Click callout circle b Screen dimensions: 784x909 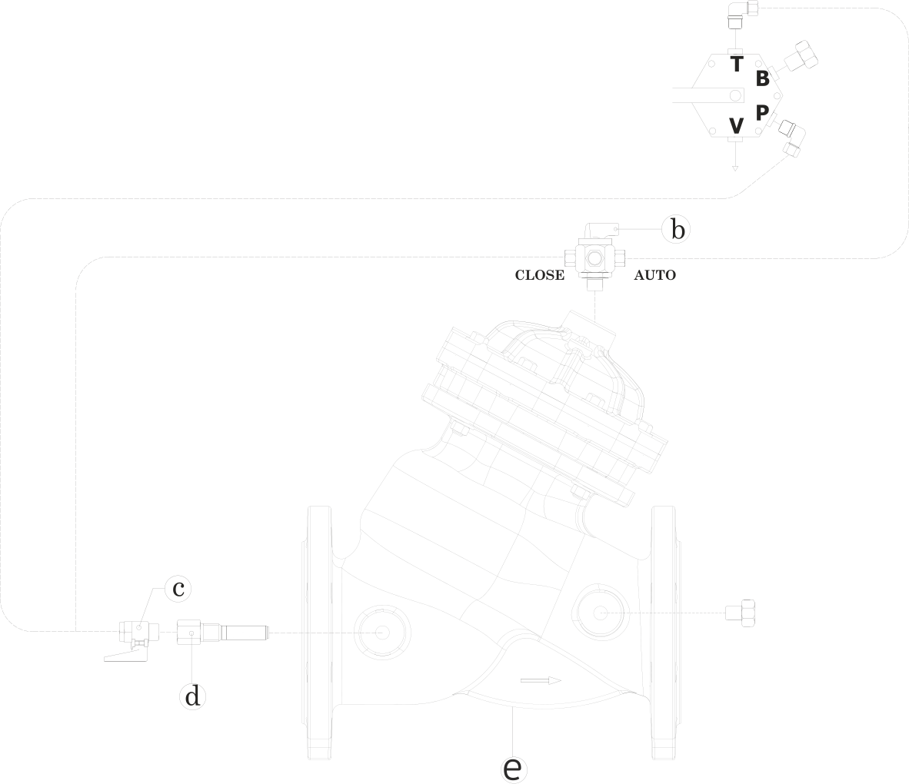point(676,229)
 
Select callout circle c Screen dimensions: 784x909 point(178,590)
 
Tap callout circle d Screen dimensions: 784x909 point(193,696)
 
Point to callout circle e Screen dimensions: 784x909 point(514,767)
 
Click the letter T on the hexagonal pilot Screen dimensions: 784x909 point(736,63)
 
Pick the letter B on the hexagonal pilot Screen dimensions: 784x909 point(762,78)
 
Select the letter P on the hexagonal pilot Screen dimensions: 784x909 point(762,113)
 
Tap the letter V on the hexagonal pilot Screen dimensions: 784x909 point(736,125)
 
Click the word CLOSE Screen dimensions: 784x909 point(539,275)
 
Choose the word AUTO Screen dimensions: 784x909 point(654,275)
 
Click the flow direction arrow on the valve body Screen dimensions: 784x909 point(541,679)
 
